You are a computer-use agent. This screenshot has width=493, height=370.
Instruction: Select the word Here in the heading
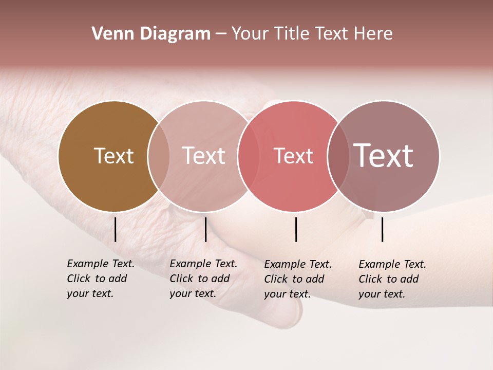click(x=374, y=34)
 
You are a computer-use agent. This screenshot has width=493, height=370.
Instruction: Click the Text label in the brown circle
click(x=113, y=156)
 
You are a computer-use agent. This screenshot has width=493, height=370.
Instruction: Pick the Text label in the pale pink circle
click(x=204, y=156)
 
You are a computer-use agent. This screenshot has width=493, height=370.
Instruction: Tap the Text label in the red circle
click(x=293, y=156)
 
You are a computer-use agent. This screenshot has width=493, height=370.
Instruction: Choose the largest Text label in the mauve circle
click(x=384, y=155)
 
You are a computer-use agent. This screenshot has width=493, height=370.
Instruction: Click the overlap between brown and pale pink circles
click(x=159, y=156)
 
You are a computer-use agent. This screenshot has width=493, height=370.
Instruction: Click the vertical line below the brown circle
click(x=115, y=229)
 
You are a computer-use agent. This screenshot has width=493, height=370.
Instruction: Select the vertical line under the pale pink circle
click(x=205, y=229)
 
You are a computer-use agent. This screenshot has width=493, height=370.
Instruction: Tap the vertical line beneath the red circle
click(x=296, y=229)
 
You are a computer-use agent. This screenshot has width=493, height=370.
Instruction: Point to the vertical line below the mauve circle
click(x=382, y=229)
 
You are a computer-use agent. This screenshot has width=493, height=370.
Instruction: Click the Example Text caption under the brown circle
click(x=101, y=279)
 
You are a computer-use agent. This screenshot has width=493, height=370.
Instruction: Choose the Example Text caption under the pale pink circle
click(x=203, y=279)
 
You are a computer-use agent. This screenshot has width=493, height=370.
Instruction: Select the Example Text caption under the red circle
click(x=298, y=279)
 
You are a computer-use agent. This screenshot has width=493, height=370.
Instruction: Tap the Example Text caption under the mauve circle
click(x=392, y=279)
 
